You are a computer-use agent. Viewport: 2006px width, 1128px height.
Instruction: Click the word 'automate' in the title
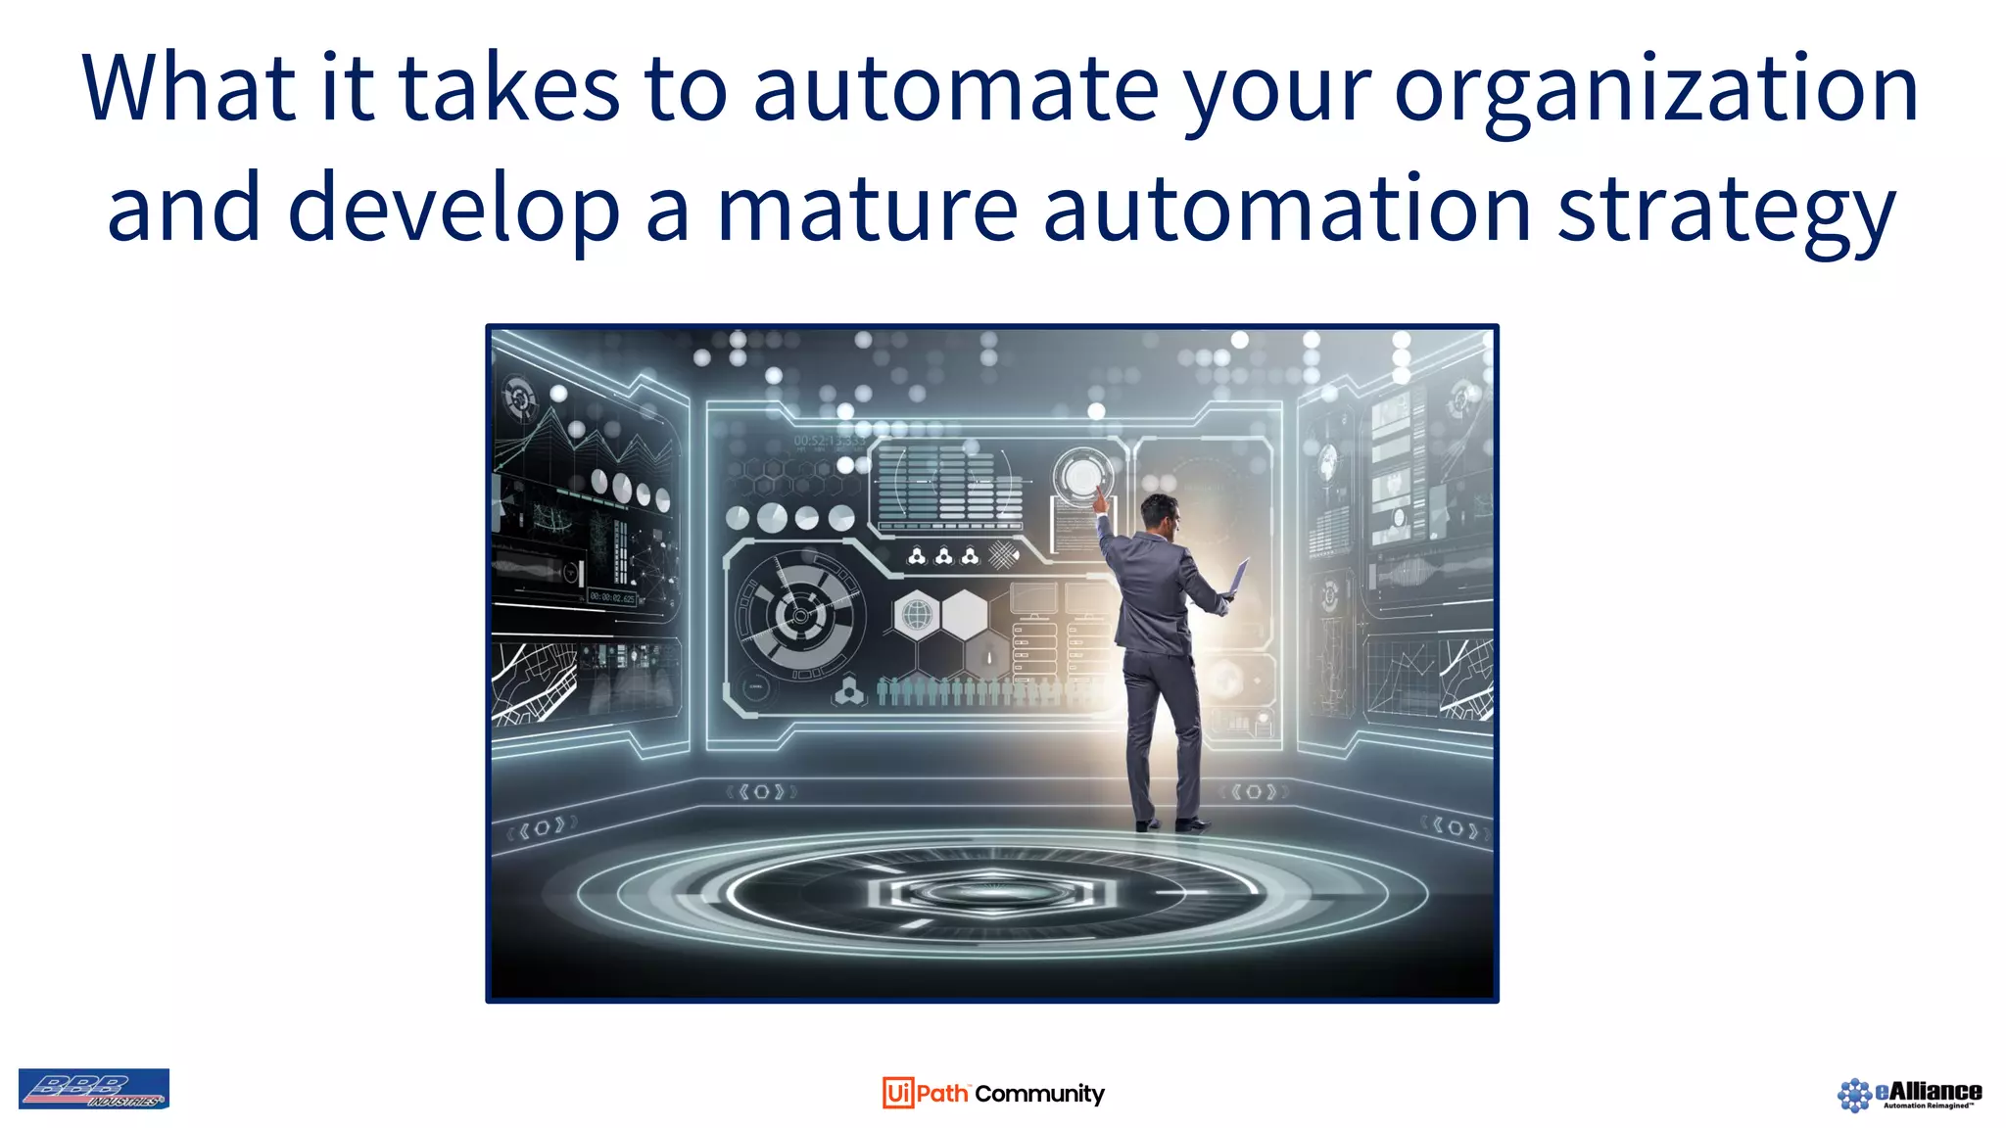956,88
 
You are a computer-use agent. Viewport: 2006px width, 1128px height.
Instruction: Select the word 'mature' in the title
867,208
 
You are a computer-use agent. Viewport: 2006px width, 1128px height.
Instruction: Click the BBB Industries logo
94,1089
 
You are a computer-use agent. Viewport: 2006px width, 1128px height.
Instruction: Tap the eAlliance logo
1909,1094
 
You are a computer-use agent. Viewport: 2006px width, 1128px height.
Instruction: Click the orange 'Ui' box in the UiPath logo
897,1093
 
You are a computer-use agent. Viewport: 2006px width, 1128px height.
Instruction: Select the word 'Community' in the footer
1039,1094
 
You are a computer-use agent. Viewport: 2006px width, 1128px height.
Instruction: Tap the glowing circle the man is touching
1081,477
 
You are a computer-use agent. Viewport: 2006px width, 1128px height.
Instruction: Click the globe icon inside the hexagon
917,616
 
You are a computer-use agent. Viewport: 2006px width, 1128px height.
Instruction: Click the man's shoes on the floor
1171,823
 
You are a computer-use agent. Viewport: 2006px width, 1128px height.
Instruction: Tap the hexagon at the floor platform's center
991,891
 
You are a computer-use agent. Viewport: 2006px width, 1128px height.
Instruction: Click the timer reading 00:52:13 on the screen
828,442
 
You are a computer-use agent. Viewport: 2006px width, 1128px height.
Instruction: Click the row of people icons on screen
979,691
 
